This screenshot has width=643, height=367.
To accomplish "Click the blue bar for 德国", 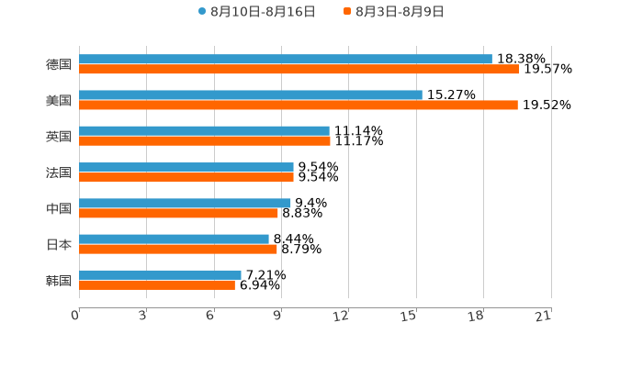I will (x=286, y=60).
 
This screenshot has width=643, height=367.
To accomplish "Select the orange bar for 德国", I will (x=299, y=70).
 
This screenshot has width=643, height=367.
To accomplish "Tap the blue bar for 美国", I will (x=251, y=95).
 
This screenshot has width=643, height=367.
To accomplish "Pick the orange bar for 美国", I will (x=299, y=106).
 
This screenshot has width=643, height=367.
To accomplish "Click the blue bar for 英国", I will (x=204, y=131).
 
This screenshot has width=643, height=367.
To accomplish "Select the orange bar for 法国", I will (x=186, y=177).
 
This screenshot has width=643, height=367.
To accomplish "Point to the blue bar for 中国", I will (x=185, y=203).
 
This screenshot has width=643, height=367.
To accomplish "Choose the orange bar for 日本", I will (x=178, y=250).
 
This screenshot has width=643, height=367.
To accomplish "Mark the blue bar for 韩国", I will (x=160, y=275).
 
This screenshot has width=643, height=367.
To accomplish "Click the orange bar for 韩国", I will (x=157, y=285).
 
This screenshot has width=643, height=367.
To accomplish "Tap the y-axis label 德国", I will (x=59, y=65).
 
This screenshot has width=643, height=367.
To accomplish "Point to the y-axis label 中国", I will (x=59, y=209).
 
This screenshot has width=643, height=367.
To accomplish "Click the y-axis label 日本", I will (x=59, y=245).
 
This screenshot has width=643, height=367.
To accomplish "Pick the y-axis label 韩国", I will (x=59, y=281).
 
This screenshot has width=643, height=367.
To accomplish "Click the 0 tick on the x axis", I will (x=76, y=316).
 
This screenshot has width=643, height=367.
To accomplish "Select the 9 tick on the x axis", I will (x=277, y=316).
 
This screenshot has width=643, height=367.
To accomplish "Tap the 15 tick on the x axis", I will (x=410, y=316).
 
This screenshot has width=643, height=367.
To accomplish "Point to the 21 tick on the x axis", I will (x=544, y=316).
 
